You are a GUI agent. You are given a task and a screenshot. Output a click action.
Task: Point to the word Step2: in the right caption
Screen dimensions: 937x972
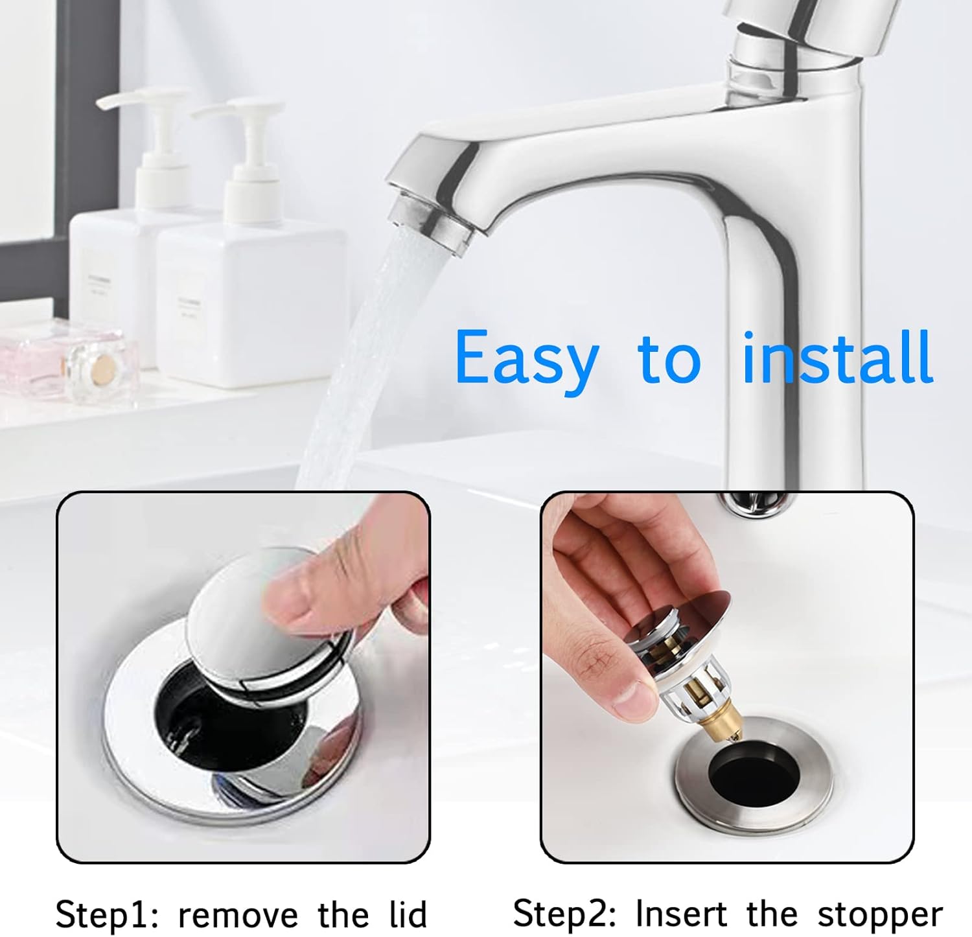click(565, 914)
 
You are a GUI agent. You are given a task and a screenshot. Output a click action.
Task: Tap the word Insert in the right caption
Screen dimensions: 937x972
click(681, 914)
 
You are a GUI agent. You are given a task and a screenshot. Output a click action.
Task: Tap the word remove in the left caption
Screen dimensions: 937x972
click(238, 915)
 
